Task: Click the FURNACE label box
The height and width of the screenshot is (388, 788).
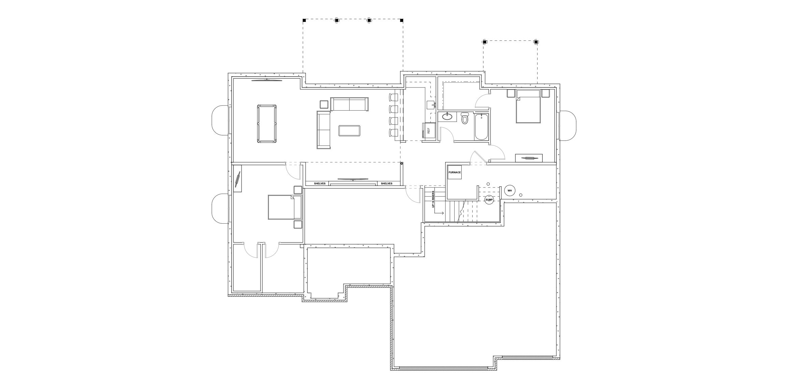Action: (455, 172)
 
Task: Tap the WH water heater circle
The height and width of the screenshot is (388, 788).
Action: (510, 191)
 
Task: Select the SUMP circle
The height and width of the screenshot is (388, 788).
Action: (489, 200)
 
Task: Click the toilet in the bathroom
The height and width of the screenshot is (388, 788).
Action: (465, 118)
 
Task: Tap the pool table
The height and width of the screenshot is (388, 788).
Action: (266, 123)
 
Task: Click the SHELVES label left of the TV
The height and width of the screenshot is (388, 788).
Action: (320, 184)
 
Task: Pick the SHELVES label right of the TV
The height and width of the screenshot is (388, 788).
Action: (386, 184)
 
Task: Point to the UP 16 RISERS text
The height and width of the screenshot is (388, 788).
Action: (433, 199)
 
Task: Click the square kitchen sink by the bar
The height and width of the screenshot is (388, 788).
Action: (431, 105)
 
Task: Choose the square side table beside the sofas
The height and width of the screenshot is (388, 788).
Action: (324, 105)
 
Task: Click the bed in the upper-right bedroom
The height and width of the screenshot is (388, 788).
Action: (528, 106)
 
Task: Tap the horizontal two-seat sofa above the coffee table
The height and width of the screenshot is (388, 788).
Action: (349, 104)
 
